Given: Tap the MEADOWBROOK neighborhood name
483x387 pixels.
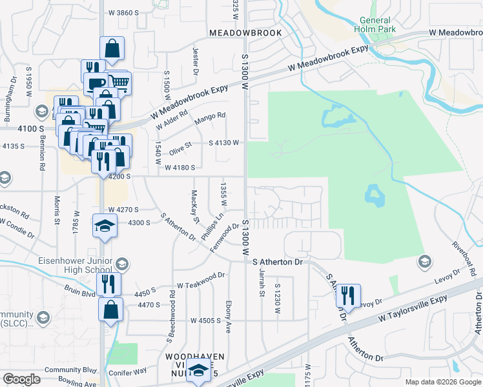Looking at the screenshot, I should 245,32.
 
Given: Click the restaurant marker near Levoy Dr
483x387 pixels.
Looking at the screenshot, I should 348,295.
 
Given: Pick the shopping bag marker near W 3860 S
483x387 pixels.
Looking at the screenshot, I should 112,48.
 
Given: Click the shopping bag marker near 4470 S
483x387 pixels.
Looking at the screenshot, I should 110,308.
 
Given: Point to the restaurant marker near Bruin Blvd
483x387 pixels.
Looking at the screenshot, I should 108,284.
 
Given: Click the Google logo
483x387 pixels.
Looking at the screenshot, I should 22,379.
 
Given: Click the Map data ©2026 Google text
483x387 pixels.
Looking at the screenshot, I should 442,381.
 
